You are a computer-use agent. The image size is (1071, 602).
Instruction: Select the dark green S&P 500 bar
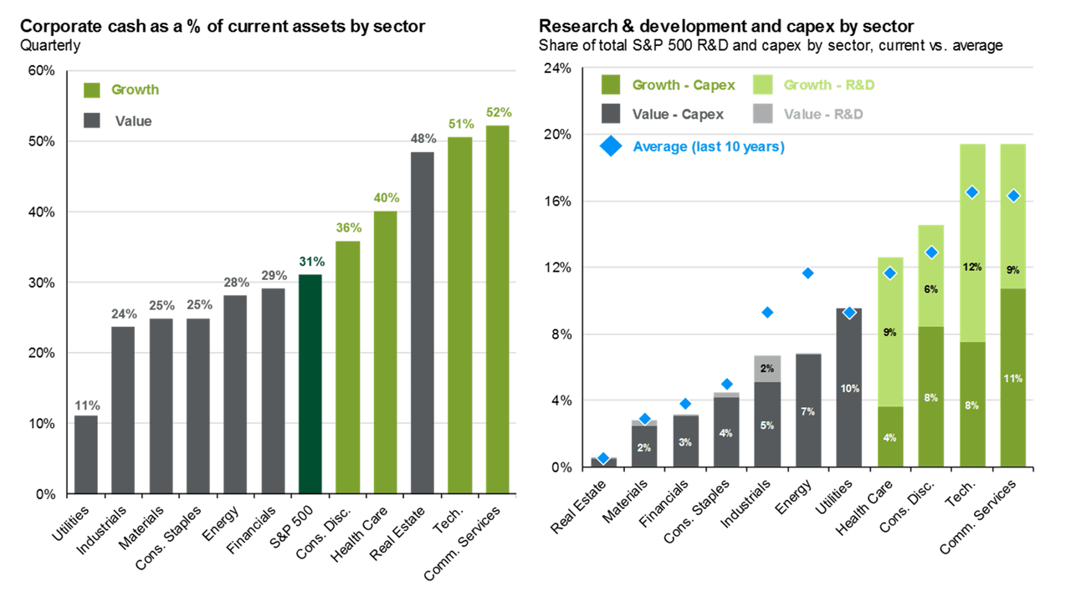pos(310,384)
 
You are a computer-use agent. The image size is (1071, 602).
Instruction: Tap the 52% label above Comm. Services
pos(498,112)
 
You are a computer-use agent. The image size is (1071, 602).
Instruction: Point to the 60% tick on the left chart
pos(42,71)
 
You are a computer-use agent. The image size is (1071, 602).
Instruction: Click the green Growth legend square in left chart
pos(93,89)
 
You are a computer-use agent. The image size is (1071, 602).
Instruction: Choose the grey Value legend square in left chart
pos(93,121)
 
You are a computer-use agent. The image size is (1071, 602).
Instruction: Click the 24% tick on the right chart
pos(557,69)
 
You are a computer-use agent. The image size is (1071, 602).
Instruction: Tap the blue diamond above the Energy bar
pos(808,273)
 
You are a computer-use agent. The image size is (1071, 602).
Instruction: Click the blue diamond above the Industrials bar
pos(767,313)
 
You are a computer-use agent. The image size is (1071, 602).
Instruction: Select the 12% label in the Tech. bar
pos(971,268)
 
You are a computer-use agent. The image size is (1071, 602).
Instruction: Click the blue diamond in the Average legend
pos(612,147)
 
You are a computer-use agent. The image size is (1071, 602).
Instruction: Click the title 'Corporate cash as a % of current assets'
pos(223,27)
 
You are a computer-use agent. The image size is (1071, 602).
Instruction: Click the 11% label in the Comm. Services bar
pos(1012,379)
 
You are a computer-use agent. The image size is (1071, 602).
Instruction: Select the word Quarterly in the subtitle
pos(50,45)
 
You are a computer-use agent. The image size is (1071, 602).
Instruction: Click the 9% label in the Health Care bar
pos(889,332)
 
